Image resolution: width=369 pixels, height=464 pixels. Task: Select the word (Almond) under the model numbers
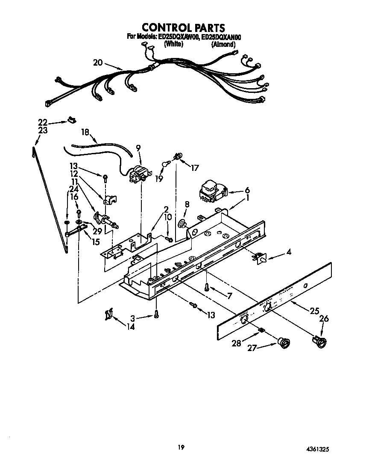click(223, 44)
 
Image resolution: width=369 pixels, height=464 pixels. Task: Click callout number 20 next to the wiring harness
click(98, 63)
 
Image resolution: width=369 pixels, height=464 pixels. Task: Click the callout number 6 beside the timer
click(247, 190)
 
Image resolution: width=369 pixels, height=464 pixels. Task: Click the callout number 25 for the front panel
click(314, 311)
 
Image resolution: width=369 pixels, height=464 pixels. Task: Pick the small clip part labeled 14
click(108, 315)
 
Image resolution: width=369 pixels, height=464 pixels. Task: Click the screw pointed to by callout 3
click(156, 314)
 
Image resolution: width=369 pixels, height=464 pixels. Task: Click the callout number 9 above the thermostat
click(138, 148)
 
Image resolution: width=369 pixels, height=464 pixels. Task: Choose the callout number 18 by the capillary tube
click(85, 133)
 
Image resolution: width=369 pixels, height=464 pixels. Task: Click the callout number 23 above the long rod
click(43, 131)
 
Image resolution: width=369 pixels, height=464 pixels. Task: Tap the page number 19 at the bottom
click(181, 447)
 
